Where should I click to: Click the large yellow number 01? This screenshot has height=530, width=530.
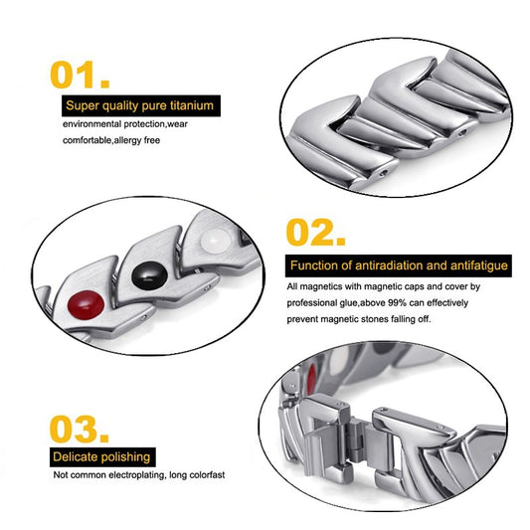click(80, 75)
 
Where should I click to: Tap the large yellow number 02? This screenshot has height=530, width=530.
click(315, 233)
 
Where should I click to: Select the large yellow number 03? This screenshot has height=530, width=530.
click(80, 429)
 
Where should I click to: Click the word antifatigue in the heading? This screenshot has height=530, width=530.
click(479, 265)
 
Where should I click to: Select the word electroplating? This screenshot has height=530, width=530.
click(137, 475)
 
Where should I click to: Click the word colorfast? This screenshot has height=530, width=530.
click(207, 475)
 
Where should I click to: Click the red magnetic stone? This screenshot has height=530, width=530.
click(86, 305)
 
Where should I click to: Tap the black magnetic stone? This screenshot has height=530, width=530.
click(149, 274)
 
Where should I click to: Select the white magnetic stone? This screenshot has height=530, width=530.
click(216, 241)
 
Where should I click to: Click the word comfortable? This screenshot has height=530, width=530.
click(88, 140)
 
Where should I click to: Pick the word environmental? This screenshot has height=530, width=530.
click(91, 124)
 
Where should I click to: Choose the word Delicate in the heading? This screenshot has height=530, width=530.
click(76, 457)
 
